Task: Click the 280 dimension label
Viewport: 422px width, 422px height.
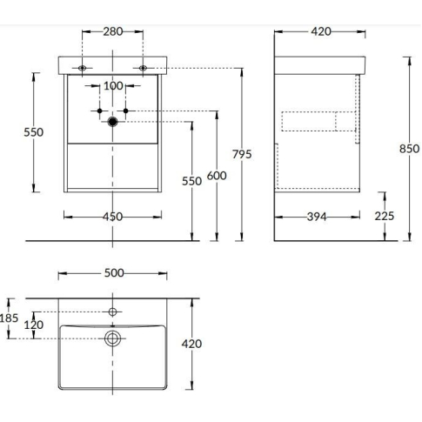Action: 113,31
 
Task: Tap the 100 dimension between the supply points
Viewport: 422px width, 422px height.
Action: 113,85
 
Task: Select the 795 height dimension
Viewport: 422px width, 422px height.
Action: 242,154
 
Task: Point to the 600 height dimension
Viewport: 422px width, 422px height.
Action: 217,176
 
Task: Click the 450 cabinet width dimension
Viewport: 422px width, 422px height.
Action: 112,217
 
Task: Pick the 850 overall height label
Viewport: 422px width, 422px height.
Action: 409,149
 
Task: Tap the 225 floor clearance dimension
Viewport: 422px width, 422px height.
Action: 385,216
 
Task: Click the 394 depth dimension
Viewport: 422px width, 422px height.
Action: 317,217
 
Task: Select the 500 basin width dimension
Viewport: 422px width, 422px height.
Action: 114,273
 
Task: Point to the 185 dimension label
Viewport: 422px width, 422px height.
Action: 9,318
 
